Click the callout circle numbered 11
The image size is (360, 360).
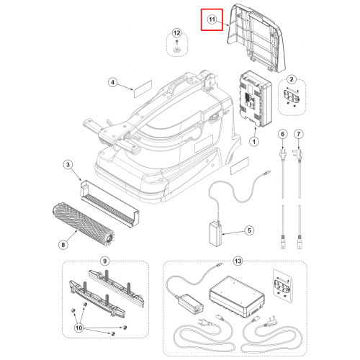[212, 19]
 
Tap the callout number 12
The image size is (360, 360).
[176, 33]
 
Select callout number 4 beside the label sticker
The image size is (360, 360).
[113, 82]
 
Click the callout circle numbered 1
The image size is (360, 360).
[254, 142]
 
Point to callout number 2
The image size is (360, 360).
[292, 79]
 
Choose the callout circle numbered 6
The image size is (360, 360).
[283, 134]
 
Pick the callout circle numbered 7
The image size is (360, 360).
[299, 134]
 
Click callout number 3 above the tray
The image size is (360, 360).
[68, 165]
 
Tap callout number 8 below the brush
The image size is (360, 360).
[63, 245]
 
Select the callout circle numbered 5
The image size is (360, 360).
[249, 230]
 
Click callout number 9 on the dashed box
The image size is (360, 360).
[104, 261]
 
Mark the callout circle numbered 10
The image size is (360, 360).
[78, 328]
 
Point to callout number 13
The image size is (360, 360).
[238, 261]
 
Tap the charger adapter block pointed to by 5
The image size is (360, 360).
[215, 234]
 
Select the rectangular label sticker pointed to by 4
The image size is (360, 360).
[143, 89]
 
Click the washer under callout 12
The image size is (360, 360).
[176, 50]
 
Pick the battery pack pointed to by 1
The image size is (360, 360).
[256, 99]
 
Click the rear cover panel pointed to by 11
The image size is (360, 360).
[257, 38]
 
